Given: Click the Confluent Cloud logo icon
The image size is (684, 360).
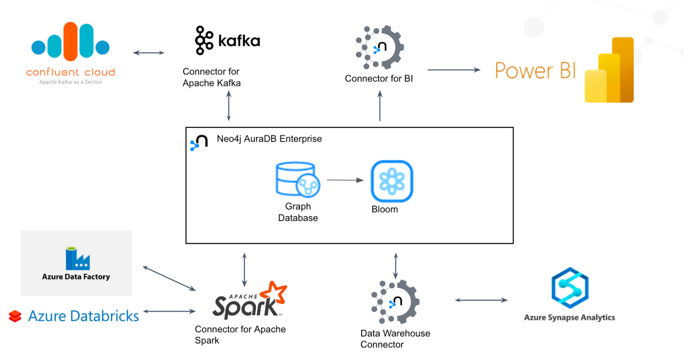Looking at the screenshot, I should tap(70, 42).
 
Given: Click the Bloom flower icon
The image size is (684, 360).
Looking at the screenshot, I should tap(392, 181).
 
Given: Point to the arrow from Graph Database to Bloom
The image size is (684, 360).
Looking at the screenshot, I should tap(345, 180).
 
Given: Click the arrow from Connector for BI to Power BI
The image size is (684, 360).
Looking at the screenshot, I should tap(453, 70).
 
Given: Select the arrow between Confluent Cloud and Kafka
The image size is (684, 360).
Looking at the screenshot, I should tap(149, 53).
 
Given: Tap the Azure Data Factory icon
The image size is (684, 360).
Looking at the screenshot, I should tap(77, 259).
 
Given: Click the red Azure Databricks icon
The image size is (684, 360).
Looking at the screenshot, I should tap(15, 316).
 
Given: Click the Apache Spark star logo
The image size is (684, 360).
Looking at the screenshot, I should tap(273, 294).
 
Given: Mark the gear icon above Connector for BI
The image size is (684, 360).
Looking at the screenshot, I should tap(380, 48).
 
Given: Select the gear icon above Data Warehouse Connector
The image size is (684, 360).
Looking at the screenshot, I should tap(395, 302).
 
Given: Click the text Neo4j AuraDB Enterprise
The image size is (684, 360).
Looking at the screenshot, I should tap(269, 139).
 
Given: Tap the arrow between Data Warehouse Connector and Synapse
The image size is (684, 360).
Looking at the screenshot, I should tap(481, 300).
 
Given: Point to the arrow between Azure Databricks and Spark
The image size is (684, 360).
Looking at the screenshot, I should tap(169, 311).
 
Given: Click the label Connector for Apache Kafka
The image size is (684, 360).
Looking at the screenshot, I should tap(212, 78).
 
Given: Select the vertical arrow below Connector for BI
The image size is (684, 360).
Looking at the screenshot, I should tap(380, 106).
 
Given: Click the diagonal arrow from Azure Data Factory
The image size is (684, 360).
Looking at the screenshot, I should tap(169, 278).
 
